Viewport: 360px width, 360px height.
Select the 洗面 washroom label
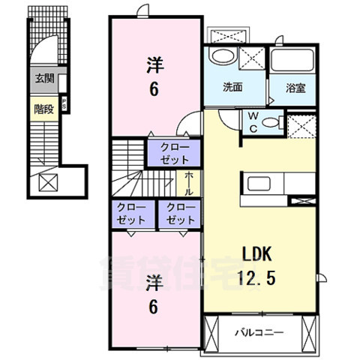pyautogui.click(x=232, y=87)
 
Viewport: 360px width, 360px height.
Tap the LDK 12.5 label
pyautogui.click(x=258, y=265)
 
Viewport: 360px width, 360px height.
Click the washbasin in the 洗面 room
pyautogui.click(x=223, y=58)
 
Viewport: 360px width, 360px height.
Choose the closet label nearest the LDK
pyautogui.click(x=180, y=214)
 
